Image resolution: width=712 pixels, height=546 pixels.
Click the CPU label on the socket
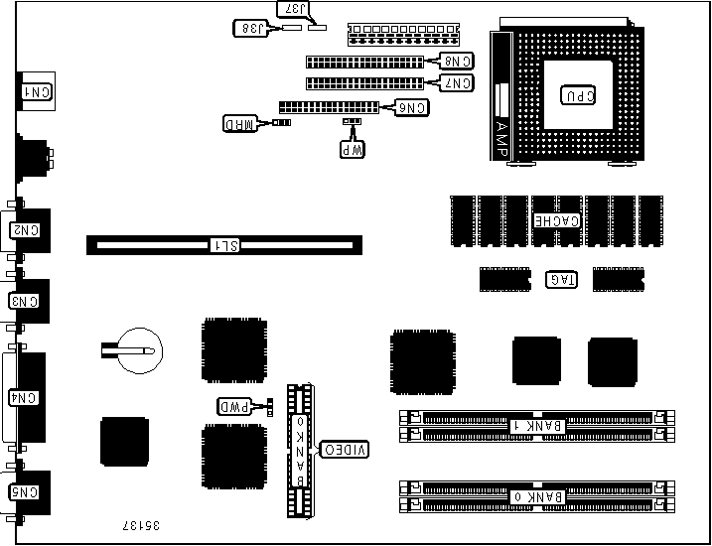[579, 96]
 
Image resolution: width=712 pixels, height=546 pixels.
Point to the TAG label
[562, 279]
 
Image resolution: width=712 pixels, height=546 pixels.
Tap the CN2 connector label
[25, 229]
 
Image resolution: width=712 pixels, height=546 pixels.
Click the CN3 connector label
[24, 300]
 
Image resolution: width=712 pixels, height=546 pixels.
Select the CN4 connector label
[24, 398]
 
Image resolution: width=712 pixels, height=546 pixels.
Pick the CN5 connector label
[24, 491]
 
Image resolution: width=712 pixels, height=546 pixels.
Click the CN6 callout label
[413, 106]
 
